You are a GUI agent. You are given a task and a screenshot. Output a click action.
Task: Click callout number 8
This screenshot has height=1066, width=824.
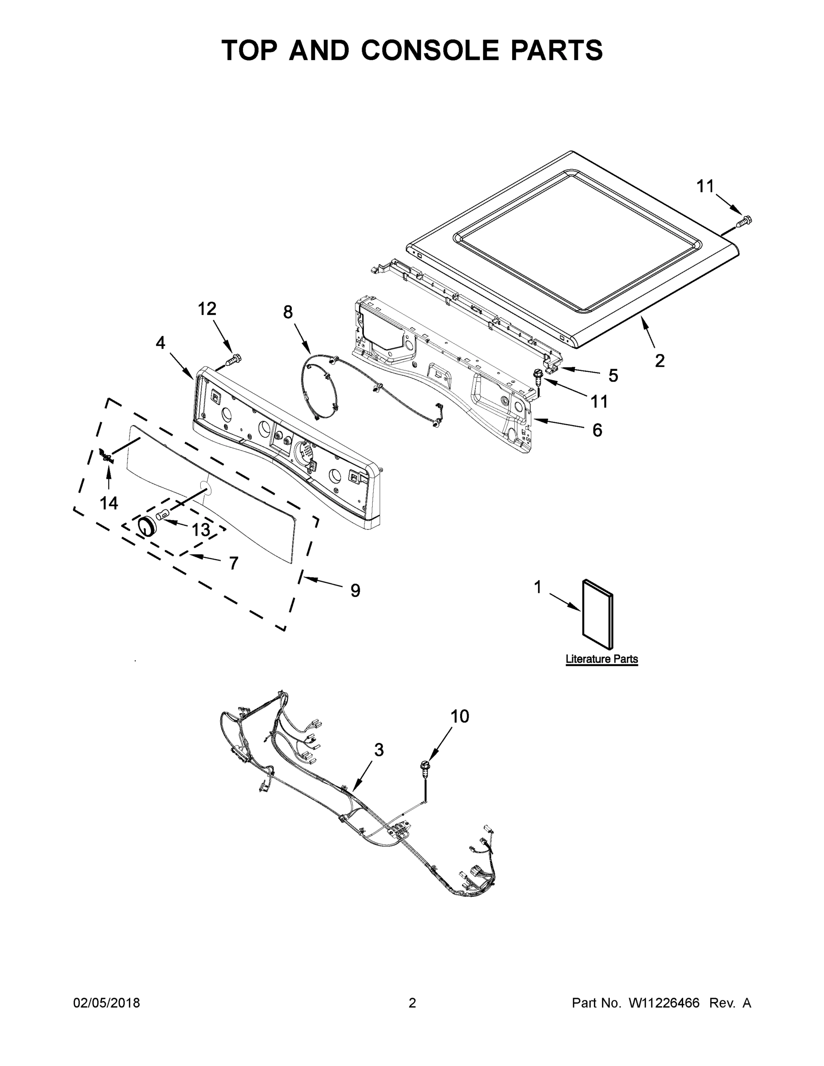[x=288, y=312]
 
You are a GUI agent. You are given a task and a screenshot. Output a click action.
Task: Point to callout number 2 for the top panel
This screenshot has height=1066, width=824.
[x=660, y=361]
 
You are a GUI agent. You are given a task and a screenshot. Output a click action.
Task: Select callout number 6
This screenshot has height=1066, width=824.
[x=597, y=430]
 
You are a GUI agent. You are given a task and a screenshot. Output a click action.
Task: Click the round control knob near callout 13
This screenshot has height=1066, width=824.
[x=145, y=526]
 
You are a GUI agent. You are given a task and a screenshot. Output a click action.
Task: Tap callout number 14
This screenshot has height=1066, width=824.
[x=109, y=503]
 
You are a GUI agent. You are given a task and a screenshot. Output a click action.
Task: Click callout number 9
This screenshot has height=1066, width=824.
[x=355, y=590]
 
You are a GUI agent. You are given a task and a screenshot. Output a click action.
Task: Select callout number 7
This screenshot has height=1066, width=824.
[x=234, y=563]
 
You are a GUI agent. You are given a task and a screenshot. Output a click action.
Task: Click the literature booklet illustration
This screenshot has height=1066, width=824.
[x=597, y=615]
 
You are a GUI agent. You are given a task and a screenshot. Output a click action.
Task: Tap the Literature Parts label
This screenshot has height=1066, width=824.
[x=601, y=659]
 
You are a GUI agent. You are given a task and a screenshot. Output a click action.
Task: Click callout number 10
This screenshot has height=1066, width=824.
[x=459, y=716]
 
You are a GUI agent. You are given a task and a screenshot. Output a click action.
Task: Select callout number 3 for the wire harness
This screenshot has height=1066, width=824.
[x=379, y=750]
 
